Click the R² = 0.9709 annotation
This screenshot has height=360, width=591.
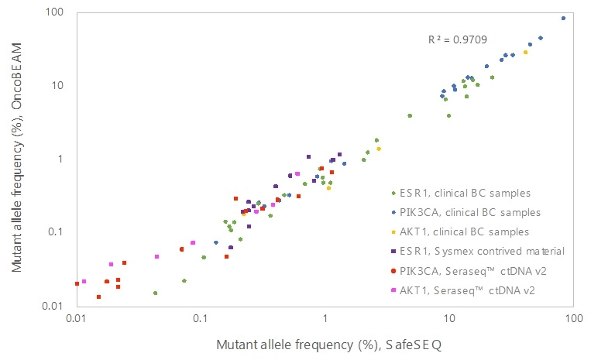coord(458,39)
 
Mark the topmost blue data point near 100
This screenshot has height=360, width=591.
coord(563,18)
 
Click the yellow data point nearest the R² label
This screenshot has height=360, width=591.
coord(525,52)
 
